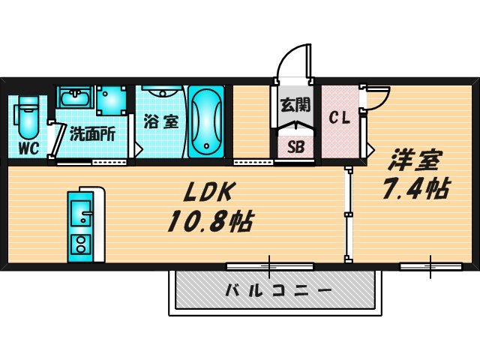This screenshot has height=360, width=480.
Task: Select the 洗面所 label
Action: [91, 136]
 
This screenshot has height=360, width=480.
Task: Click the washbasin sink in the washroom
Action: [73, 99]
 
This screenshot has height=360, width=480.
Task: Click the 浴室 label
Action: [162, 120]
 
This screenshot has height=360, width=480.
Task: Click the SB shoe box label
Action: [295, 146]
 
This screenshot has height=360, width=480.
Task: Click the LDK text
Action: [211, 193]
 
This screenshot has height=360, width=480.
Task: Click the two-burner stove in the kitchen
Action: [79, 244]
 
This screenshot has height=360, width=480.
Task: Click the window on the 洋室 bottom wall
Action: [431, 265]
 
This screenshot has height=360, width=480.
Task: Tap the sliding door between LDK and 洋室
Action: [348, 215]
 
